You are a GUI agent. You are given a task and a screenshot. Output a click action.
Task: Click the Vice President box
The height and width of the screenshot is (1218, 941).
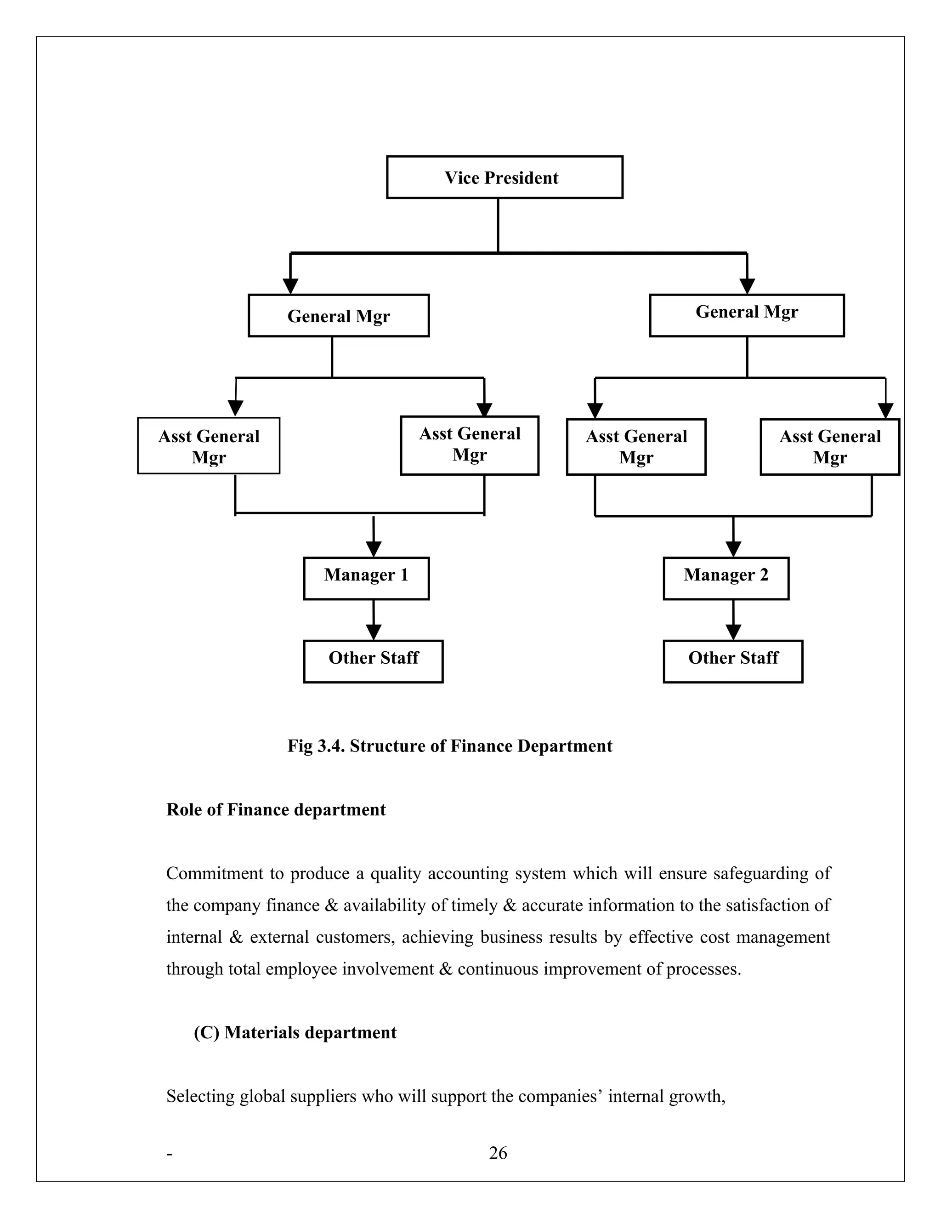tap(505, 177)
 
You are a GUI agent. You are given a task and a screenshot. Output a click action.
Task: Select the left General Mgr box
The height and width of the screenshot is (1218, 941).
tap(338, 316)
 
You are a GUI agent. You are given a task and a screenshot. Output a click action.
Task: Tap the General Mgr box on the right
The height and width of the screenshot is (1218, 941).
tap(747, 316)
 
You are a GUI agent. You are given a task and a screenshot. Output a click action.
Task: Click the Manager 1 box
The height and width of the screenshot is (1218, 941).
tap(366, 578)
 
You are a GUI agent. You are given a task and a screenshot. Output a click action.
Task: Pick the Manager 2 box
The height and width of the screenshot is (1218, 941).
tap(726, 578)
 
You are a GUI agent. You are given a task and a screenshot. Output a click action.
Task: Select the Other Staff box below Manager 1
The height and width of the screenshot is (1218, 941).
tap(373, 661)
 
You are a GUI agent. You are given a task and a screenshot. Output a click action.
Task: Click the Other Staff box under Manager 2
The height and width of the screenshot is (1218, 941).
tap(733, 661)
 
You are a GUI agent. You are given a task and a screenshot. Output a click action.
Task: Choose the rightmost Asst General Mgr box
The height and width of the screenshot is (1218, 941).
tap(829, 447)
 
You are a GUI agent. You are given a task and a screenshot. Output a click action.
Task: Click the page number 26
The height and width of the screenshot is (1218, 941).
tap(498, 1153)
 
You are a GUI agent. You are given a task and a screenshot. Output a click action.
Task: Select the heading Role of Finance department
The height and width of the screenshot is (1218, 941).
tap(276, 810)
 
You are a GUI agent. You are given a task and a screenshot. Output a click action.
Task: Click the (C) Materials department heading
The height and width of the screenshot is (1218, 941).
tap(295, 1032)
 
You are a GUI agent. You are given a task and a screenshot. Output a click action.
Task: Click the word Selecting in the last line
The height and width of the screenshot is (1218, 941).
tap(200, 1096)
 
